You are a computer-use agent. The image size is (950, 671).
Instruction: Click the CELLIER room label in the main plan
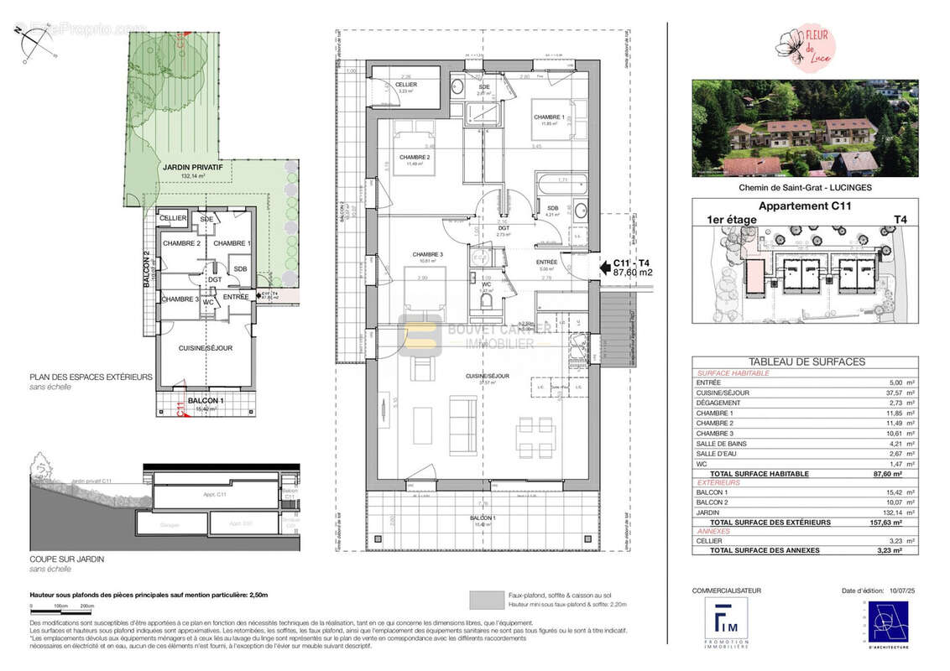point(406,85)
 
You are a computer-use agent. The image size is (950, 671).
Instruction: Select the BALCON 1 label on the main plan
point(483,518)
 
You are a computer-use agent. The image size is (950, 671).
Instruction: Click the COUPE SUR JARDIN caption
point(67,559)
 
